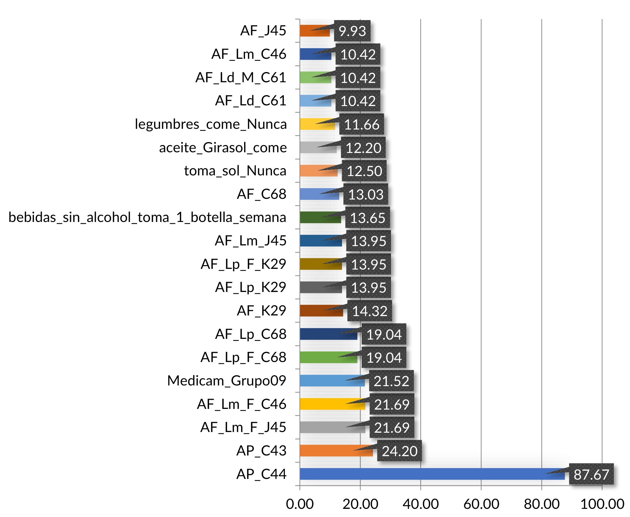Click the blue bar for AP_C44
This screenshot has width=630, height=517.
point(432,474)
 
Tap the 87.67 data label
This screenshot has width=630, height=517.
point(591,474)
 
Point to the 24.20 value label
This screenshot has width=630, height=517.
point(399,451)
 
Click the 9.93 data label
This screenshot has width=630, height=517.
point(352,31)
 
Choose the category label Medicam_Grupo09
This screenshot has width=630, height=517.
point(227,381)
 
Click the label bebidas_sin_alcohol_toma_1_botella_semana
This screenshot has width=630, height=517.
point(147,218)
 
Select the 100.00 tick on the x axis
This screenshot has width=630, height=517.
point(602,504)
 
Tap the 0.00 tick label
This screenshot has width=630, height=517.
point(300,504)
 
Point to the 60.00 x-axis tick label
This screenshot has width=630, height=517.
point(481,504)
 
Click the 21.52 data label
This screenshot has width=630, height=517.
point(391,381)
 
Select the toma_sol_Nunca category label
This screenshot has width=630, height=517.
point(235,171)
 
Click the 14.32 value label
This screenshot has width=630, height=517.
point(370,311)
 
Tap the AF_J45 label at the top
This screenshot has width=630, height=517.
point(263,31)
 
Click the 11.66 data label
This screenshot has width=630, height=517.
point(361,124)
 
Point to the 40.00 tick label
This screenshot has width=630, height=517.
point(421,504)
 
